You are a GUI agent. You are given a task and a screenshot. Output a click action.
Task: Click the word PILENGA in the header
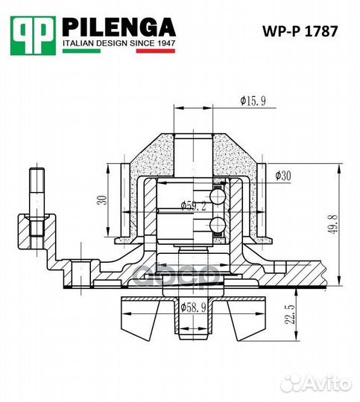(x=119, y=28)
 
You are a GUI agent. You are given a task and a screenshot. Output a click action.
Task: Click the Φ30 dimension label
(x=282, y=176)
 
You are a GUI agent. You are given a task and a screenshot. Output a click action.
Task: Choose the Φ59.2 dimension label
(x=192, y=206)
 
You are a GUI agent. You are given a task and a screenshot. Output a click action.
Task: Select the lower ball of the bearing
(x=218, y=225)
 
